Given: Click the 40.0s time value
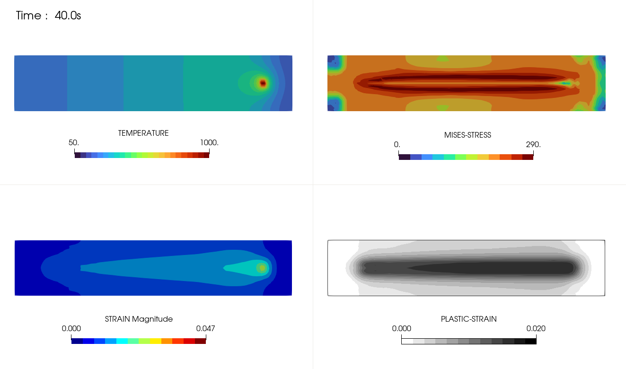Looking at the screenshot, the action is point(68,15).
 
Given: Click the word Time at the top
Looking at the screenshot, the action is point(28,15).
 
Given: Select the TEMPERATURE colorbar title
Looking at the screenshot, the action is point(143,133).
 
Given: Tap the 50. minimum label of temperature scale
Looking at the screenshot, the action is point(74,142).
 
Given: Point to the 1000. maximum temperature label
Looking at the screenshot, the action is point(209,142).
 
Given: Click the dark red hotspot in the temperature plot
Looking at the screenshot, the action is point(263,83).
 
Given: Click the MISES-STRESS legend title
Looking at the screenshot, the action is point(467,135).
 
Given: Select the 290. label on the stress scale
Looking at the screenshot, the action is point(533,144).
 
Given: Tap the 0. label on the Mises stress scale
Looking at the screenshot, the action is point(397,144).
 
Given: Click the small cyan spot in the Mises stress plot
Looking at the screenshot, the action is point(565,83).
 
